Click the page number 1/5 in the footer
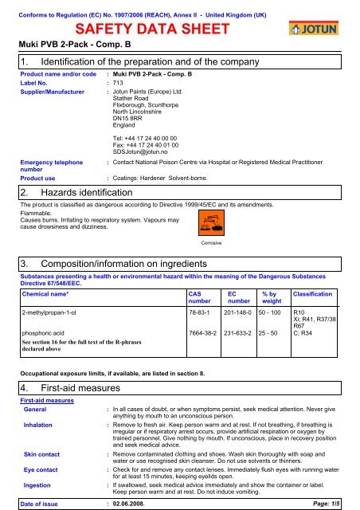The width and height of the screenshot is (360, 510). pos(342,501)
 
